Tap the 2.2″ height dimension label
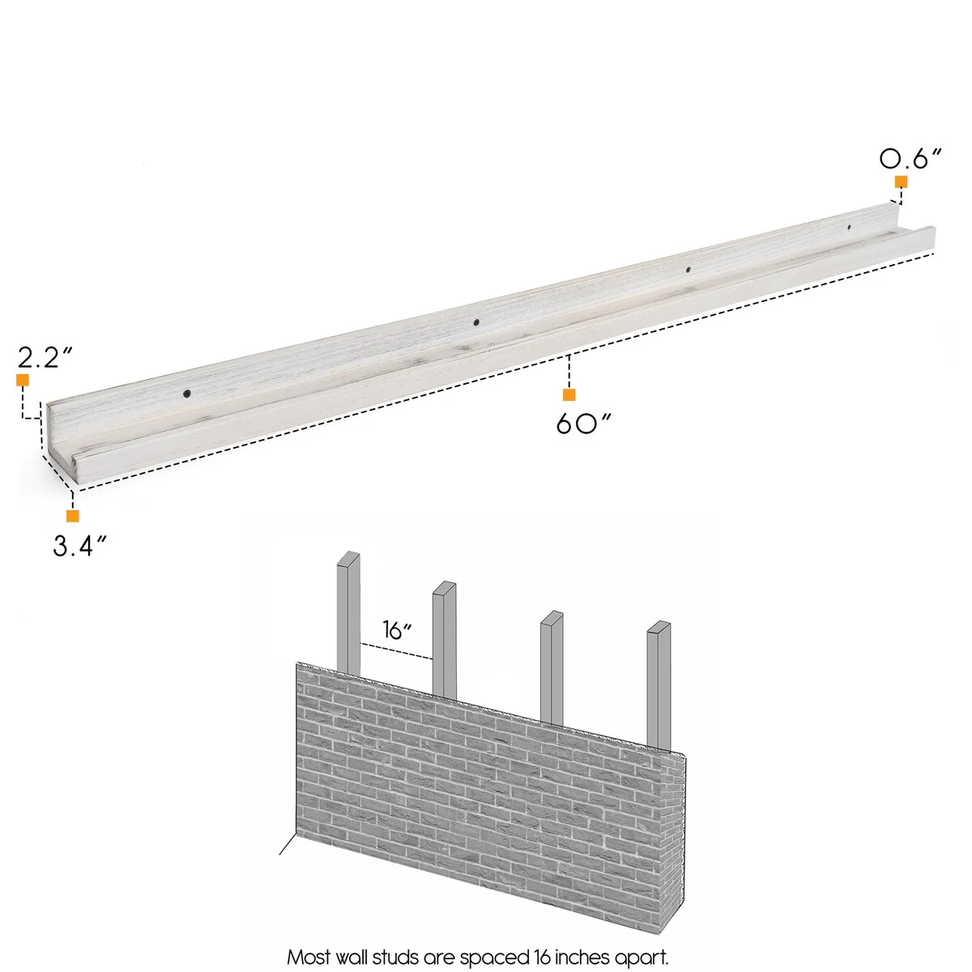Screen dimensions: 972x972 [45, 357]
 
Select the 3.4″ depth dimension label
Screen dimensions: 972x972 [79, 545]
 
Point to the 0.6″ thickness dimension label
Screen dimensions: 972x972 [911, 159]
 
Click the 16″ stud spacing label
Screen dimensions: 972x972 [397, 629]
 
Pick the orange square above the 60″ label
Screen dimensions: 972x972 [569, 395]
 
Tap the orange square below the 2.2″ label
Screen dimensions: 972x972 [22, 381]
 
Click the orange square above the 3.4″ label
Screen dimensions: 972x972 [73, 516]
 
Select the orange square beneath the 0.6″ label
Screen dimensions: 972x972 [901, 181]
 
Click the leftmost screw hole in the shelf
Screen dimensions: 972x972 [187, 394]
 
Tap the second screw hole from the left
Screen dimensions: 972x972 [476, 322]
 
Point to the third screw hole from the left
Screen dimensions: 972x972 [688, 271]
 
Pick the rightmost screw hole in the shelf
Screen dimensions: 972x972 [849, 228]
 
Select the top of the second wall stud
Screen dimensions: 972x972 [445, 587]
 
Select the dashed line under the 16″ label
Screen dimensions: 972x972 [396, 651]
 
